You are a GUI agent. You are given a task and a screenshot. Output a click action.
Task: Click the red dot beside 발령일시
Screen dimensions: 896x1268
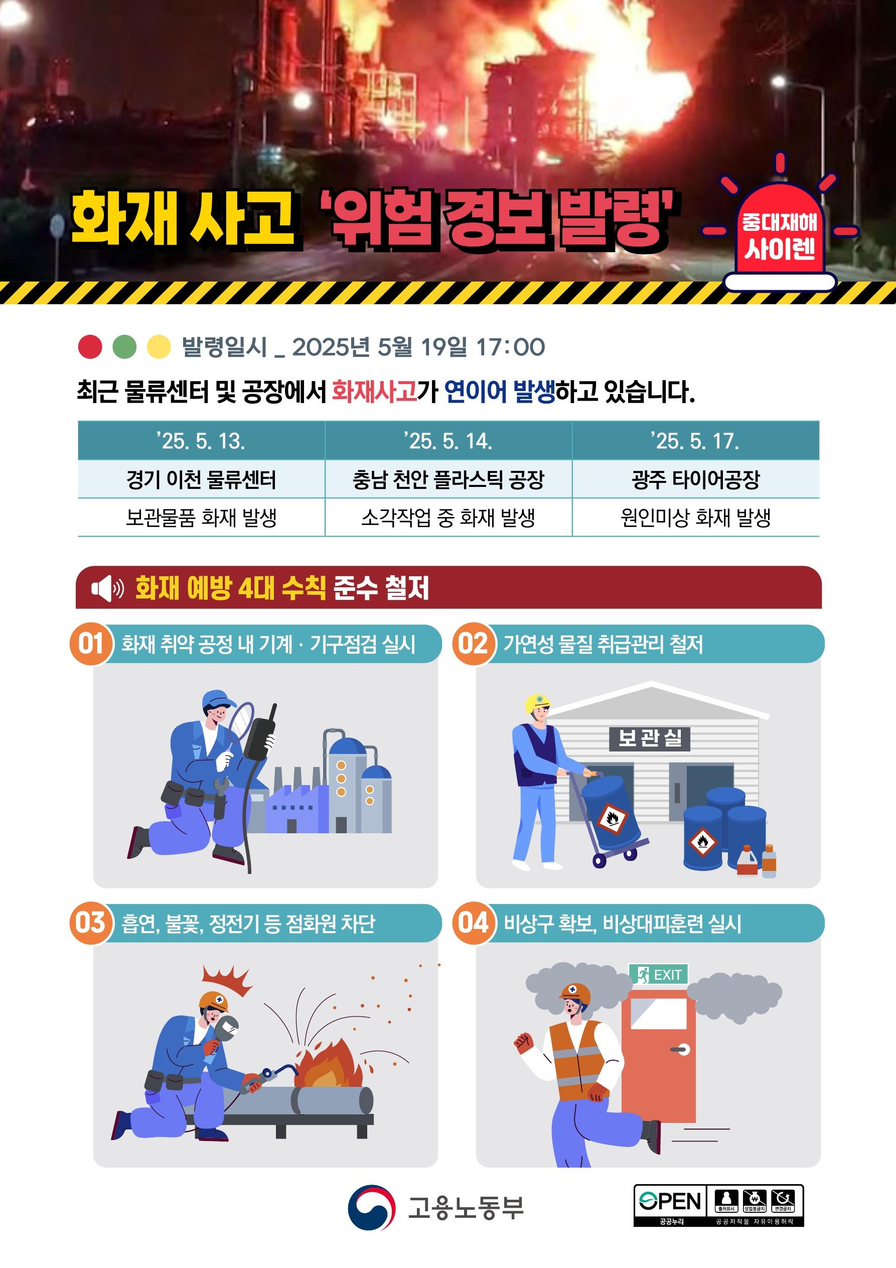[90, 347]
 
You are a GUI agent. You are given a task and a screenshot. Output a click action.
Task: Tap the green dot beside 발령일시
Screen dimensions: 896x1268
[124, 347]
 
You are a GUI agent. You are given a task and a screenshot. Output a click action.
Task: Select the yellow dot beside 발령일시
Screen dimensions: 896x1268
[159, 347]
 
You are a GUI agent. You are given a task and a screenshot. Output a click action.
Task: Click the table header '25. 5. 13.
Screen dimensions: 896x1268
[201, 441]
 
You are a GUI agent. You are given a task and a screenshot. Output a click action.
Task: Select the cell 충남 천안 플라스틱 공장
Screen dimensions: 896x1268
[449, 479]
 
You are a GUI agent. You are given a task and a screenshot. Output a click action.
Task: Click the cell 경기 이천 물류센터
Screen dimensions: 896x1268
[201, 479]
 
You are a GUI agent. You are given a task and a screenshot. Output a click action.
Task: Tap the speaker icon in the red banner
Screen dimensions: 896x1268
[107, 588]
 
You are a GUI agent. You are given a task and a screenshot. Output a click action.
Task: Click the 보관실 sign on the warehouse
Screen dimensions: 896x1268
[650, 738]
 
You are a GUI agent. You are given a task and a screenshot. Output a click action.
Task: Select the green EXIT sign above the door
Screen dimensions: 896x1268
[659, 974]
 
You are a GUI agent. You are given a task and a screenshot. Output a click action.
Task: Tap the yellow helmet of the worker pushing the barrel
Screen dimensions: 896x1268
[537, 703]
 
